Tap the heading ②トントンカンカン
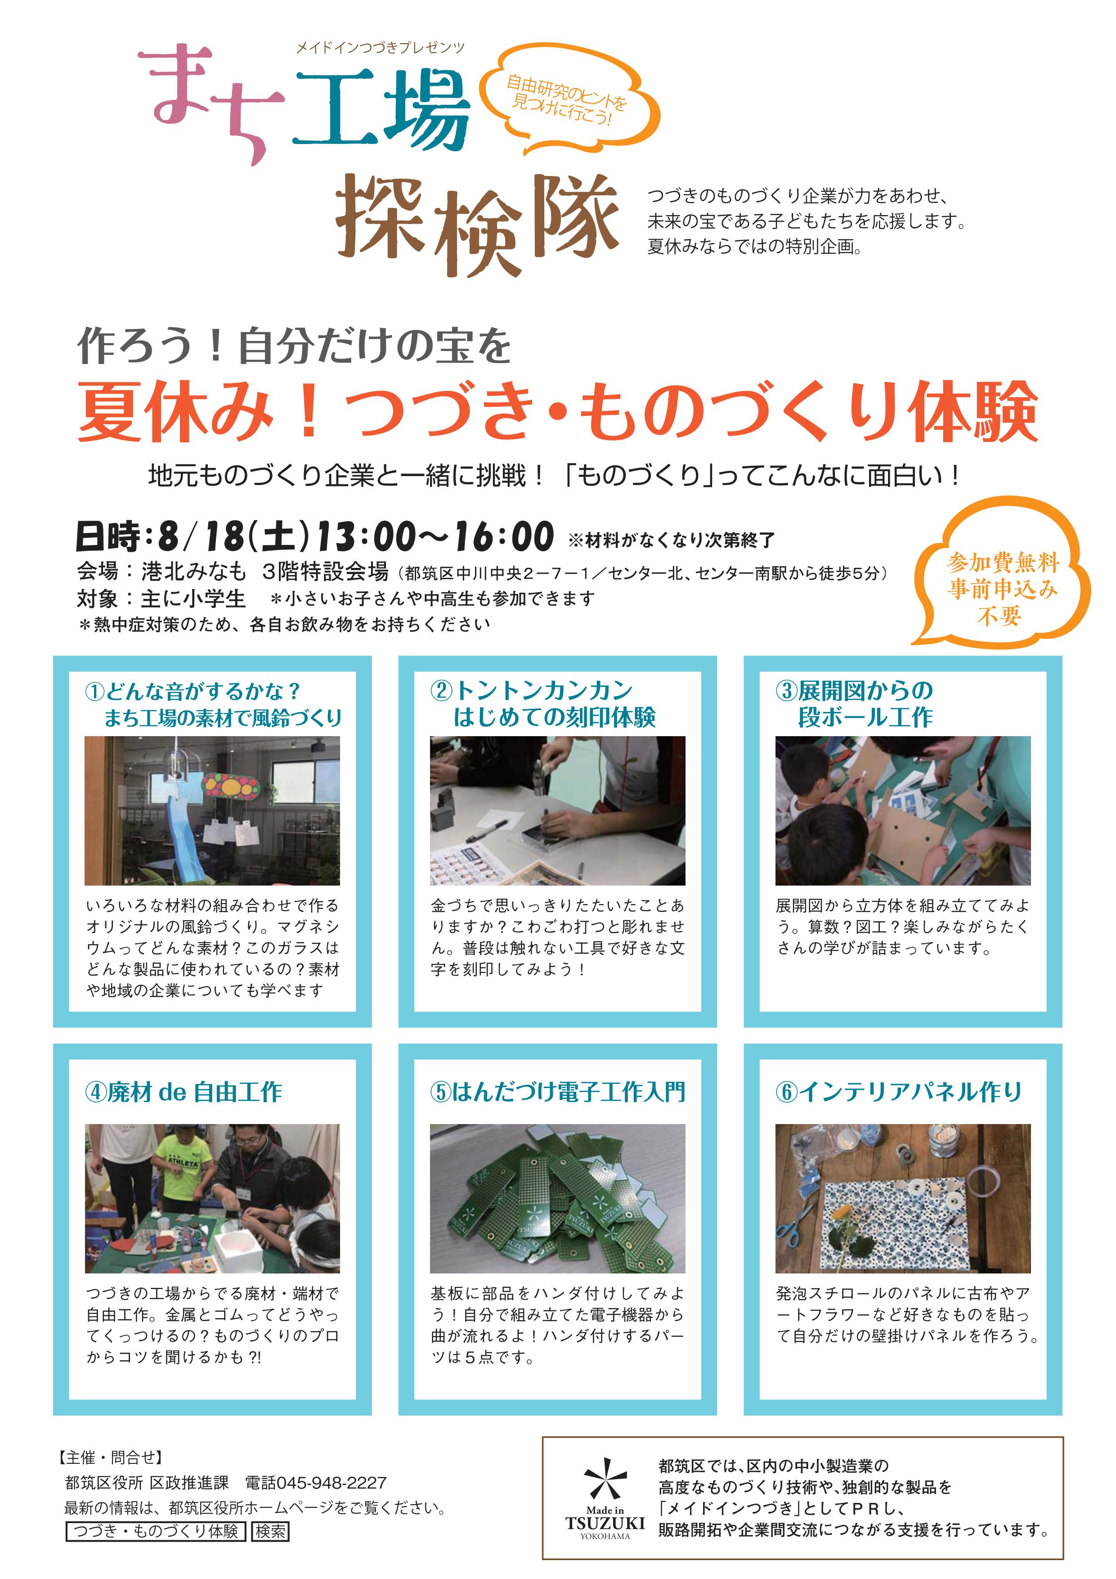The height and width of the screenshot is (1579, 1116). pyautogui.click(x=532, y=690)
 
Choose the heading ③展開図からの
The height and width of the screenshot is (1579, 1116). pyautogui.click(x=854, y=690)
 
